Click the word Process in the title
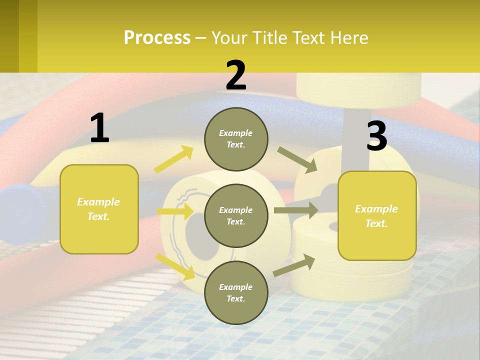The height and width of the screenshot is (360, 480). pos(157,38)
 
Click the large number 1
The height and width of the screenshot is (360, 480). pos(99,129)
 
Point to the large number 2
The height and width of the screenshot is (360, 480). pos(236,76)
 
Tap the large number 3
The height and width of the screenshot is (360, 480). pos(376,136)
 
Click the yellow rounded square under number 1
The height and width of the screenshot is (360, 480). pos(99,209)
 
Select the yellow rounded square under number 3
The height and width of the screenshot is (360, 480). pos(377,216)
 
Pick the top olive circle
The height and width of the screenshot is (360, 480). pos(236,139)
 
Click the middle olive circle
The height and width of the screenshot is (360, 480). pos(236,215)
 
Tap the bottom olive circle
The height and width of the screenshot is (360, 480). pos(236,292)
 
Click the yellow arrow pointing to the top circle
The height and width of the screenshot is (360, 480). pos(174,159)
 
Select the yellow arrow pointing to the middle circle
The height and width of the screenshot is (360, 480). pos(175,211)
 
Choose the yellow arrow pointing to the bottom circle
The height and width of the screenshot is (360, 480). pos(175,266)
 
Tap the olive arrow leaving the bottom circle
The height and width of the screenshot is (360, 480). pos(294,265)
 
